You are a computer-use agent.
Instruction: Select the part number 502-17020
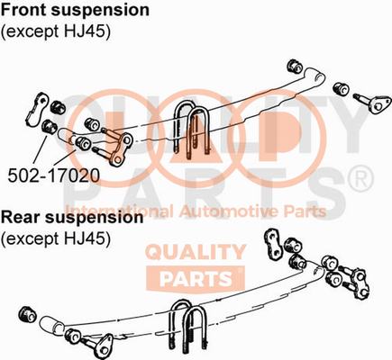[53, 176]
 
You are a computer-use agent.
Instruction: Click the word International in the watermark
[119, 211]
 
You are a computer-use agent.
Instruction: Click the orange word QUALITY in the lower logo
[196, 252]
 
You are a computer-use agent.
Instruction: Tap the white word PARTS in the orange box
[196, 278]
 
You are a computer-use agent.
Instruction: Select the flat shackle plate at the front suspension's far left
[37, 109]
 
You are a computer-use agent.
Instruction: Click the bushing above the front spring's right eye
[295, 67]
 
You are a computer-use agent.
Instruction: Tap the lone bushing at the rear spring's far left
[28, 314]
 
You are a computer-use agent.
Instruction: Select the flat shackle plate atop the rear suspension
[273, 244]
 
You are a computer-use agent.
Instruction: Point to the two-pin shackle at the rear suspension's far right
[357, 283]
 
